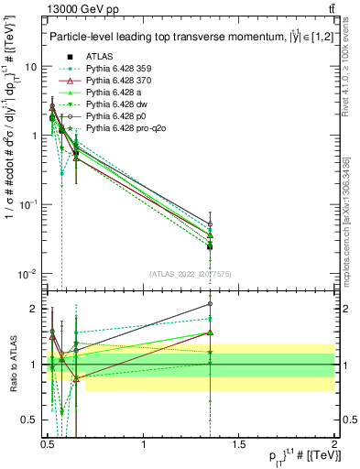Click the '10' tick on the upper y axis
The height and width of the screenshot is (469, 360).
coord(31,67)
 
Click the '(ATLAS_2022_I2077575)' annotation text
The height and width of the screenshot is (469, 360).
coord(189,274)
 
